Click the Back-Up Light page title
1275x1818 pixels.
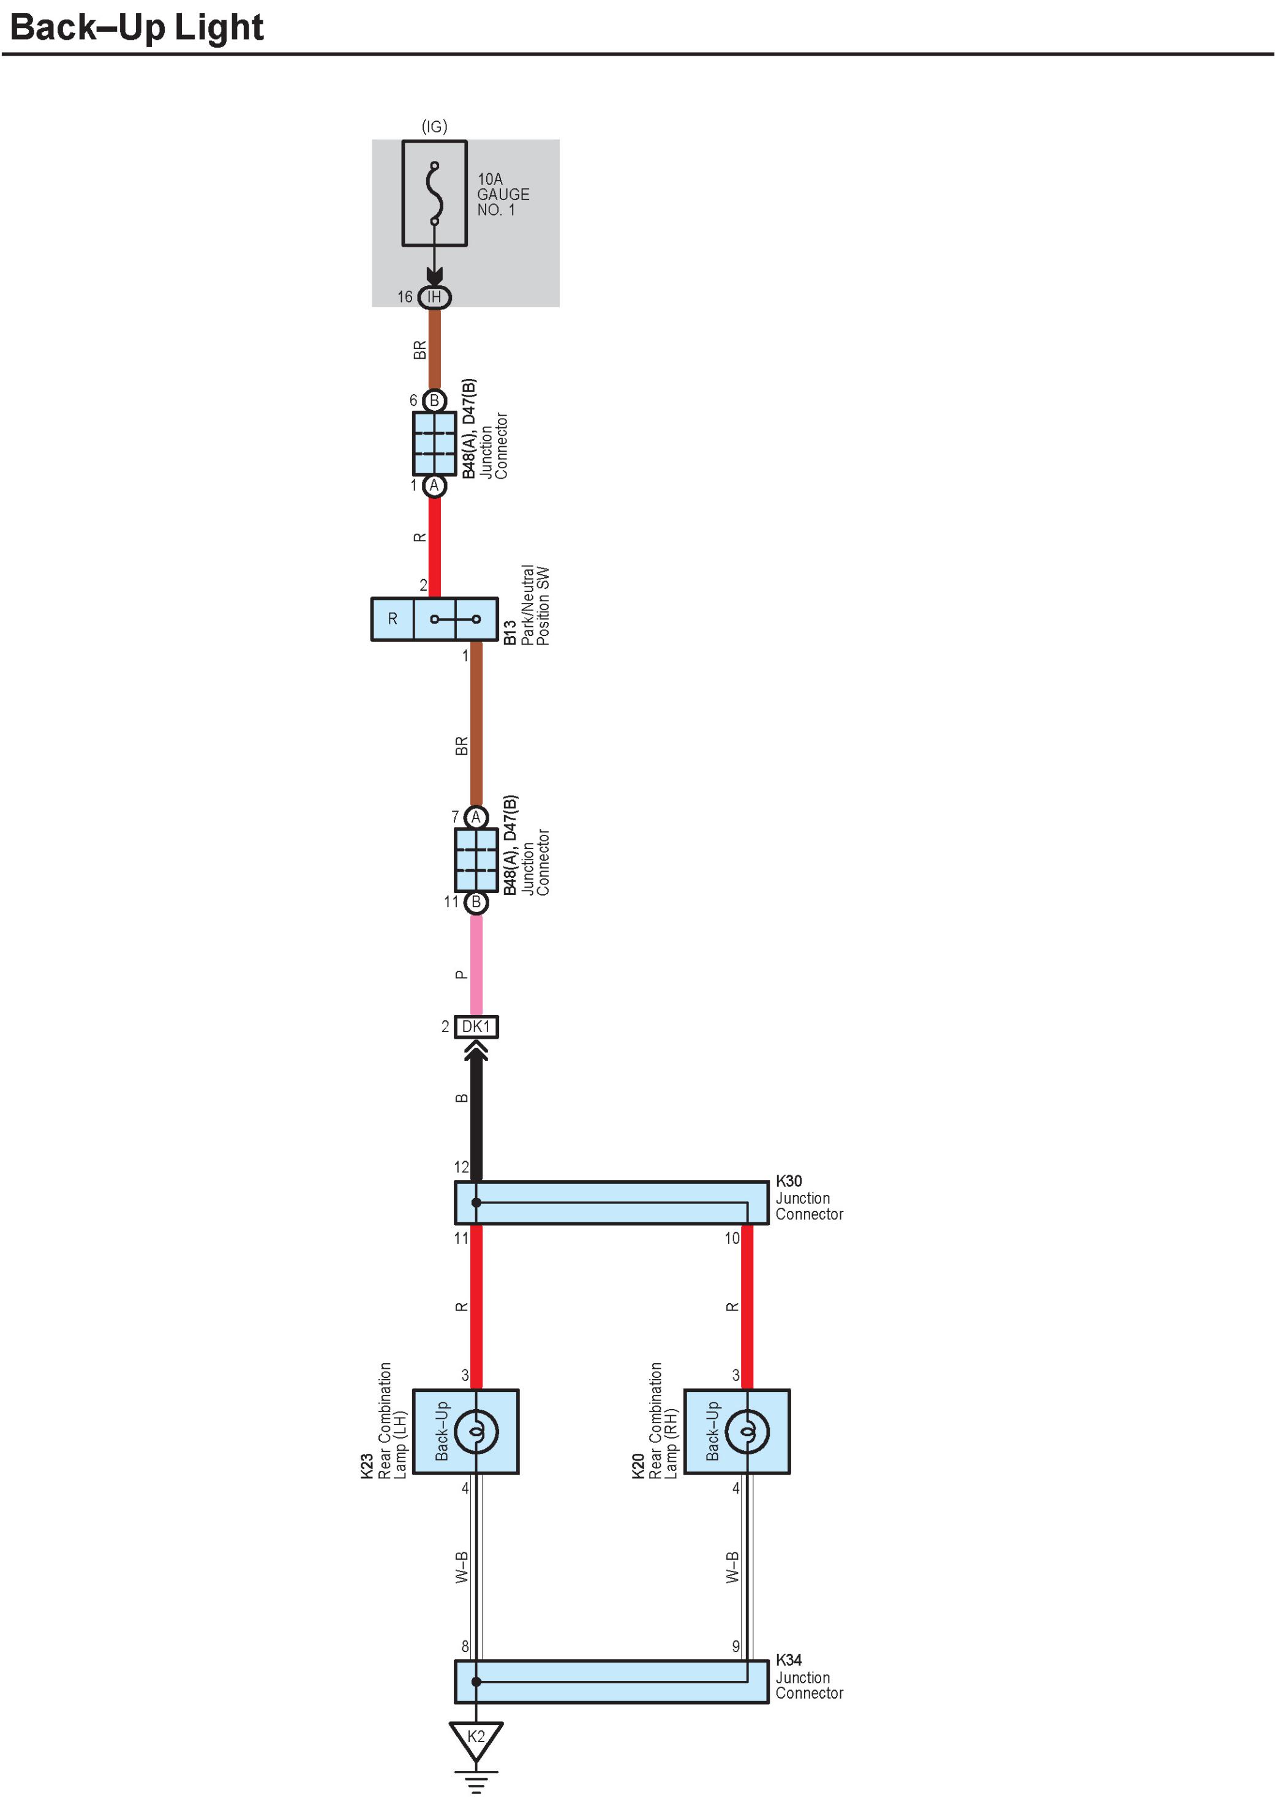136,27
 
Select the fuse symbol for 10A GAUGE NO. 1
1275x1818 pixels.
434,193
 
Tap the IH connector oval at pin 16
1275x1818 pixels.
434,297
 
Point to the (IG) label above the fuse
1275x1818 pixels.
434,127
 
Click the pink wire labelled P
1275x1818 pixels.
476,965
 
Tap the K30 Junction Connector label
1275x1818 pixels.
808,1197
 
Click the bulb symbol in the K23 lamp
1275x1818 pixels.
476,1432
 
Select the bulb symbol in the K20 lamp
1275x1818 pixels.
747,1432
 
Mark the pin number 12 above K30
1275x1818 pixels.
461,1167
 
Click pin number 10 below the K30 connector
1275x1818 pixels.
732,1238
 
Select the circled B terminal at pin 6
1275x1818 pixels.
434,401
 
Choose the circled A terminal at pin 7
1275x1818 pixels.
475,817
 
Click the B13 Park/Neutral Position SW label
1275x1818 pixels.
526,607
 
